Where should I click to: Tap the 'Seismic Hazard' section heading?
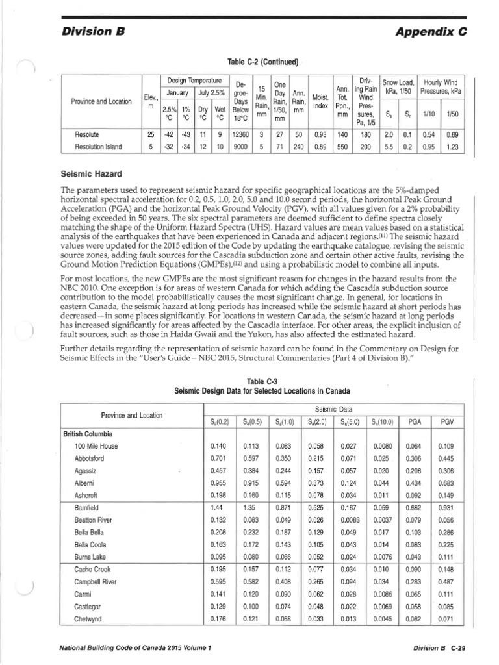[91, 173]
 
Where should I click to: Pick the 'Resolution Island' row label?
[99, 147]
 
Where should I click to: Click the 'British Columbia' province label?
[88, 433]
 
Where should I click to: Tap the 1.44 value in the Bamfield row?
[217, 507]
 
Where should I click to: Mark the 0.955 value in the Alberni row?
[219, 483]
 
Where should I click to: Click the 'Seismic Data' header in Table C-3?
[333, 408]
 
